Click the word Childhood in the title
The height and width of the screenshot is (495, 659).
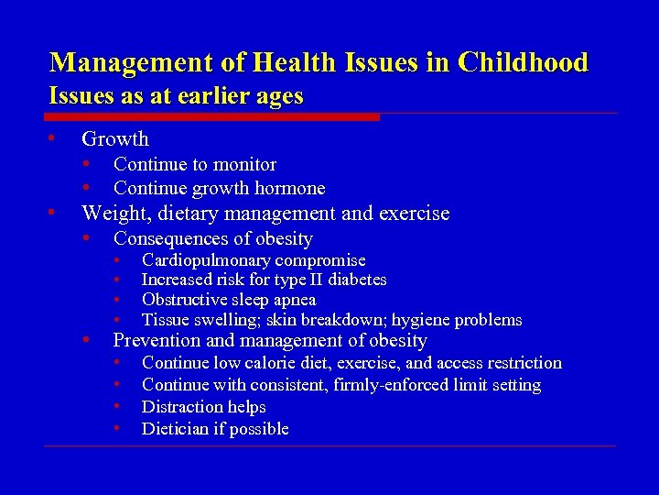pyautogui.click(x=524, y=62)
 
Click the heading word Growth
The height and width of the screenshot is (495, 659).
pyautogui.click(x=114, y=139)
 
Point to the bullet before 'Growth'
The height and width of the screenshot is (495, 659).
pyautogui.click(x=54, y=138)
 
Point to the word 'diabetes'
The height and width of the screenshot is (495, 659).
pyautogui.click(x=357, y=280)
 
